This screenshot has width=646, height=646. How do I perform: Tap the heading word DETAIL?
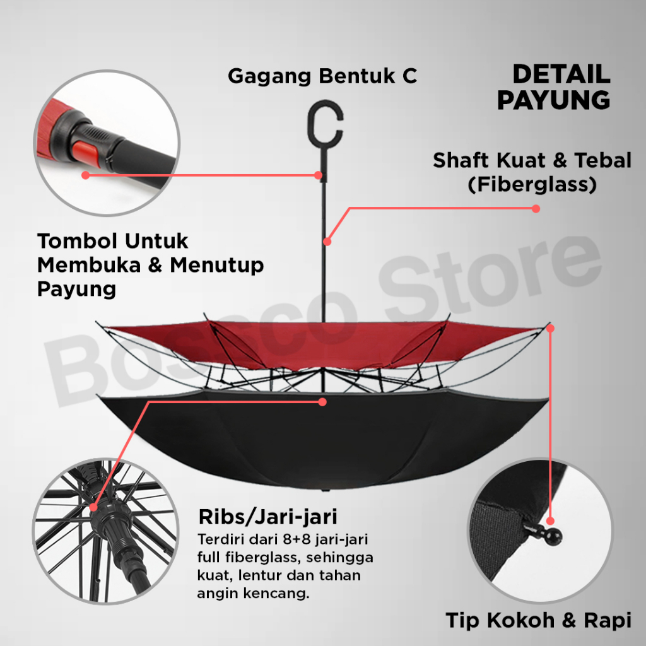point(561,74)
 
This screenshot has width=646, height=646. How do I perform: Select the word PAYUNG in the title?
point(553,100)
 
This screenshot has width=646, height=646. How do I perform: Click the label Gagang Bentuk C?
point(322,76)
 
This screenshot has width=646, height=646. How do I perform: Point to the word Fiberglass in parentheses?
point(532,185)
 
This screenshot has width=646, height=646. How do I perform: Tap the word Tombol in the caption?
point(75,241)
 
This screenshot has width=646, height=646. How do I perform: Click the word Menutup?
point(216,265)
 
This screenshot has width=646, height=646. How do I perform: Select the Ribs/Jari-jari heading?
point(267,517)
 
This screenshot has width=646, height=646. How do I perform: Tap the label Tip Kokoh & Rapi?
point(538,620)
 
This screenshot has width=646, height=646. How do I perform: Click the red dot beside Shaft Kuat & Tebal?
point(535,208)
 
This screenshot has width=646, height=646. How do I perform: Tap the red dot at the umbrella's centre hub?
point(322,401)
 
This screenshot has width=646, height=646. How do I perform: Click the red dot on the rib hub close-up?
point(94,507)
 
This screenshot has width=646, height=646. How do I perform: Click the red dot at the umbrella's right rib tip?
point(551,327)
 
